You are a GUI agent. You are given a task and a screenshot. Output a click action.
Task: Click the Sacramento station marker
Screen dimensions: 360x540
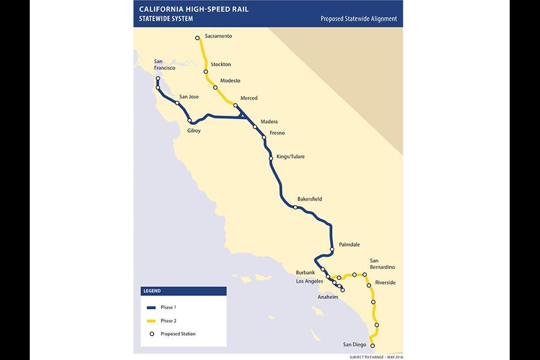tap(197, 38)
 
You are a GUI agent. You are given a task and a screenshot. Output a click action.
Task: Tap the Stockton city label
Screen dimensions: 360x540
tap(220, 65)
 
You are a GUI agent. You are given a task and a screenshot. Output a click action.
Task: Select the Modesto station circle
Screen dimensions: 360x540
tap(215, 88)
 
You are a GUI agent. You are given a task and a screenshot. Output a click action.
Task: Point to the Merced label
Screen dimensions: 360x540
tap(249, 98)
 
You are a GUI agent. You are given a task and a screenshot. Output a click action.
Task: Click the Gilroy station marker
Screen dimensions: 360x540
tap(190, 121)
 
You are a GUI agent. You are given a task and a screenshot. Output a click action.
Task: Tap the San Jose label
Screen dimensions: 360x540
tap(189, 96)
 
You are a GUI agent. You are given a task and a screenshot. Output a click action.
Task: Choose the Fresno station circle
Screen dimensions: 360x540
tap(264, 137)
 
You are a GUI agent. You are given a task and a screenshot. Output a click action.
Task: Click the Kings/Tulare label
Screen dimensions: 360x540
tap(290, 157)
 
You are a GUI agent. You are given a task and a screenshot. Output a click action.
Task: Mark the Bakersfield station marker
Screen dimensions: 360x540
tap(296, 207)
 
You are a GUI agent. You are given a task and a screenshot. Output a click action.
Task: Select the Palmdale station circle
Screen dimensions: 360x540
tap(332, 250)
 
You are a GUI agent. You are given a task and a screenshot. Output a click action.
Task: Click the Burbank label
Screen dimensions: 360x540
tap(305, 272)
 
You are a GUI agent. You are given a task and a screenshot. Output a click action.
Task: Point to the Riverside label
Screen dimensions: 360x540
tap(385, 283)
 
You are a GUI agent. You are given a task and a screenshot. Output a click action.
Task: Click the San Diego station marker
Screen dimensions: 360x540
tap(372, 346)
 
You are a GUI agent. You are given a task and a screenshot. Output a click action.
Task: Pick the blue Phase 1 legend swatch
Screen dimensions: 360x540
tap(152, 307)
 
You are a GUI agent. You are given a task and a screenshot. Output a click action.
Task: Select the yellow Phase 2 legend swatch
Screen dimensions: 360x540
tap(152, 320)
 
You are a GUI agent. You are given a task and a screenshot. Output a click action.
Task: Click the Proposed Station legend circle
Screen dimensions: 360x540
tap(152, 334)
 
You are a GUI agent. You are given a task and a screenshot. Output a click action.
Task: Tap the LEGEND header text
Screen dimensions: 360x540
tap(152, 291)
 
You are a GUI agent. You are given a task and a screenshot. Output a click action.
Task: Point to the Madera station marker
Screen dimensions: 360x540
tap(255, 127)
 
